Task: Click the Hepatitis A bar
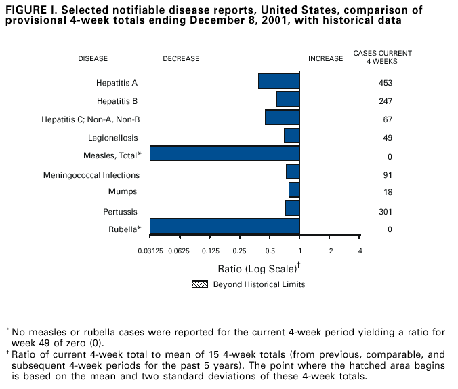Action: (279, 81)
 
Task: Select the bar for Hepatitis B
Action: (288, 99)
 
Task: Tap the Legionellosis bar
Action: (292, 136)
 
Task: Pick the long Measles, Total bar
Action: (224, 153)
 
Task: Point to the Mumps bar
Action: (294, 189)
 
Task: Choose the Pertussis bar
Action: (292, 208)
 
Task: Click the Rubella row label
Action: (124, 229)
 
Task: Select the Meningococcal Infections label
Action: (91, 175)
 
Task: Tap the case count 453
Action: (386, 84)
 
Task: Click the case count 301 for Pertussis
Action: (386, 212)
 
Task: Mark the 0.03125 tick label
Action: (150, 251)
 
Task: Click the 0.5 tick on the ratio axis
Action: (270, 251)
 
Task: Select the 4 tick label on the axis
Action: (360, 251)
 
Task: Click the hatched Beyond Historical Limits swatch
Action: (200, 284)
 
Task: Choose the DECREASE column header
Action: (181, 59)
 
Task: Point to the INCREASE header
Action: (325, 59)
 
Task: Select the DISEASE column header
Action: (93, 59)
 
